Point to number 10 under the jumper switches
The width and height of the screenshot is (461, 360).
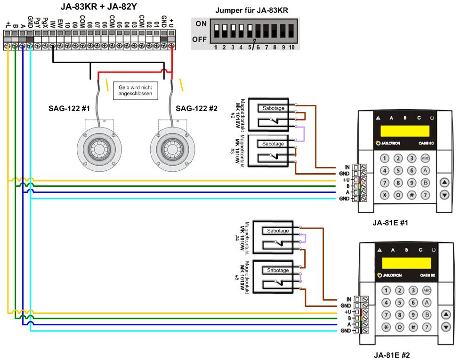292,48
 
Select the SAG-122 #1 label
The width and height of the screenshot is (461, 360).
69,109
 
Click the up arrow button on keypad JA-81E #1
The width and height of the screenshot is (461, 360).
444,182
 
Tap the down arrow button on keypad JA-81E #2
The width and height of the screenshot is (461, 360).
444,326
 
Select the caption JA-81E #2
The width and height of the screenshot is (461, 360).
390,355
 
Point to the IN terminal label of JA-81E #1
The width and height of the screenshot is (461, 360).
347,167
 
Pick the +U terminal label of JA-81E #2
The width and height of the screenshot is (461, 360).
348,312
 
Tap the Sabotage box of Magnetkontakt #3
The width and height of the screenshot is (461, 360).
273,144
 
